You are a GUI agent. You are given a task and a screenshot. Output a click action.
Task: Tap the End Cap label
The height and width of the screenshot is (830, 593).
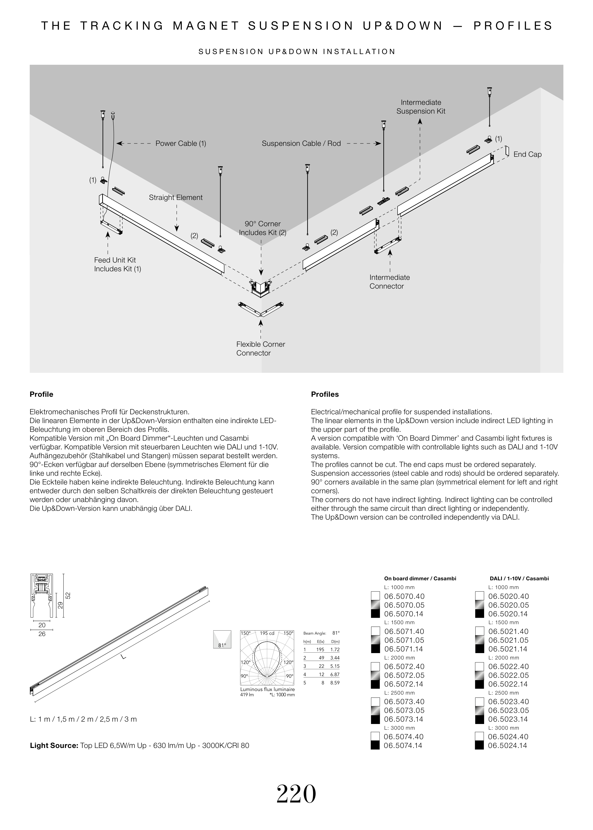(x=527, y=154)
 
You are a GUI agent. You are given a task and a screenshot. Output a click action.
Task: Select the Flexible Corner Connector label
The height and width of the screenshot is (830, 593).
(x=260, y=349)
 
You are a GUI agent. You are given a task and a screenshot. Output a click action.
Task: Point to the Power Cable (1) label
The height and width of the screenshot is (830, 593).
(x=181, y=143)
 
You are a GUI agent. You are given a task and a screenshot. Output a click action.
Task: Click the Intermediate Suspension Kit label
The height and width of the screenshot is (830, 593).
(x=421, y=107)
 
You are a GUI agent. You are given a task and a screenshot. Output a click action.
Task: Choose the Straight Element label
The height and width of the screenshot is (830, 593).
(x=176, y=198)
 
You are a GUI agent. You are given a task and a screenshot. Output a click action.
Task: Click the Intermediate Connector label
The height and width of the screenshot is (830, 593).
(x=389, y=282)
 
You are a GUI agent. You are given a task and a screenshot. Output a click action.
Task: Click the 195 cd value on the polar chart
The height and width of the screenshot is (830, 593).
(x=267, y=633)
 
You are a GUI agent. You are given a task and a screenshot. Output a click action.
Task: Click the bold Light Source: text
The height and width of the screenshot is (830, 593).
(x=54, y=745)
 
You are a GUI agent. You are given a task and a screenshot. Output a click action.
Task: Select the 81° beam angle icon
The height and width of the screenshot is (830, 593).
(x=222, y=640)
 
